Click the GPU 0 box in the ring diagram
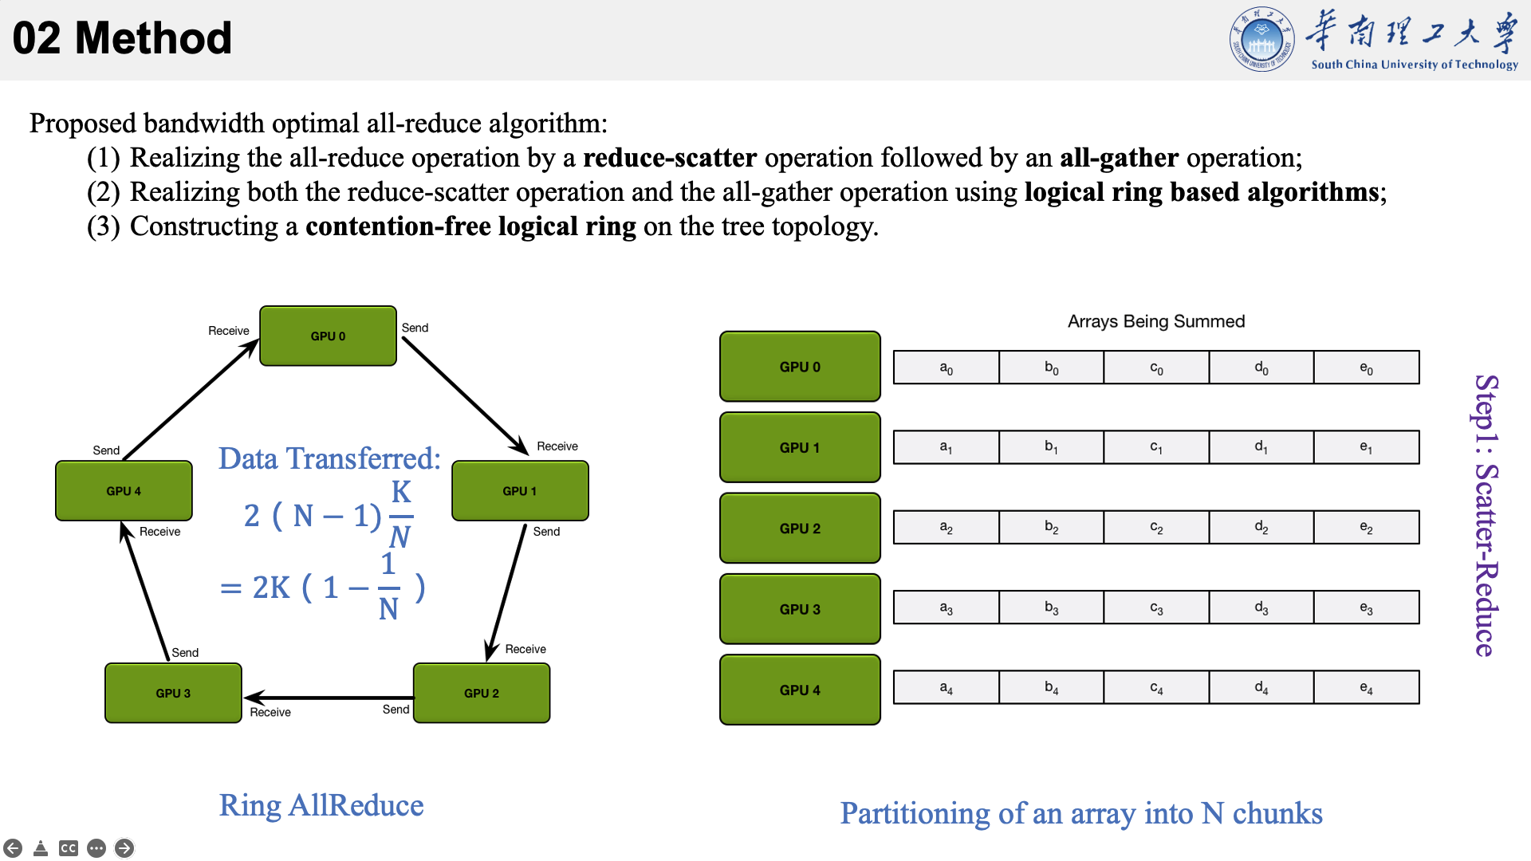pos(328,336)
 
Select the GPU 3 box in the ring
pos(173,693)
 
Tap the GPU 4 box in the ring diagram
pos(124,491)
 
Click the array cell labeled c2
pos(1156,527)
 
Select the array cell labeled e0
pos(1366,368)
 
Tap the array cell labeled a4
pos(946,687)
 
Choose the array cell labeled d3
pos(1261,607)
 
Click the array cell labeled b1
pos(1051,447)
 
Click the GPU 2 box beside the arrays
pos(800,528)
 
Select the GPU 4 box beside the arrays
pos(800,690)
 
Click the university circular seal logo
pos(1261,40)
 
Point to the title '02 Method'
pos(122,38)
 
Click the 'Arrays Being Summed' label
pos(1156,321)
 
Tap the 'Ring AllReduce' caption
pos(321,805)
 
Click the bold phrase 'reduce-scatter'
pos(670,158)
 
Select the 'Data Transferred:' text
pos(329,458)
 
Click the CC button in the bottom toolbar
pos(69,848)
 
